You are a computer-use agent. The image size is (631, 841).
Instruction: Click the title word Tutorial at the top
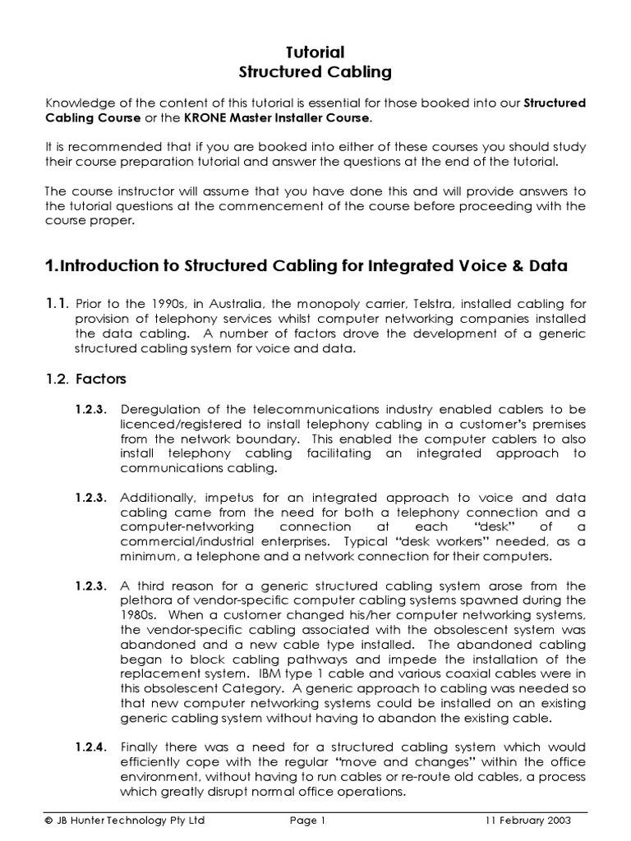point(315,52)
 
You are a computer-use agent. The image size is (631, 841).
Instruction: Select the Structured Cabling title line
point(315,72)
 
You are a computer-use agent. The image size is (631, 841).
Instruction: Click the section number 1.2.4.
point(91,747)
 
